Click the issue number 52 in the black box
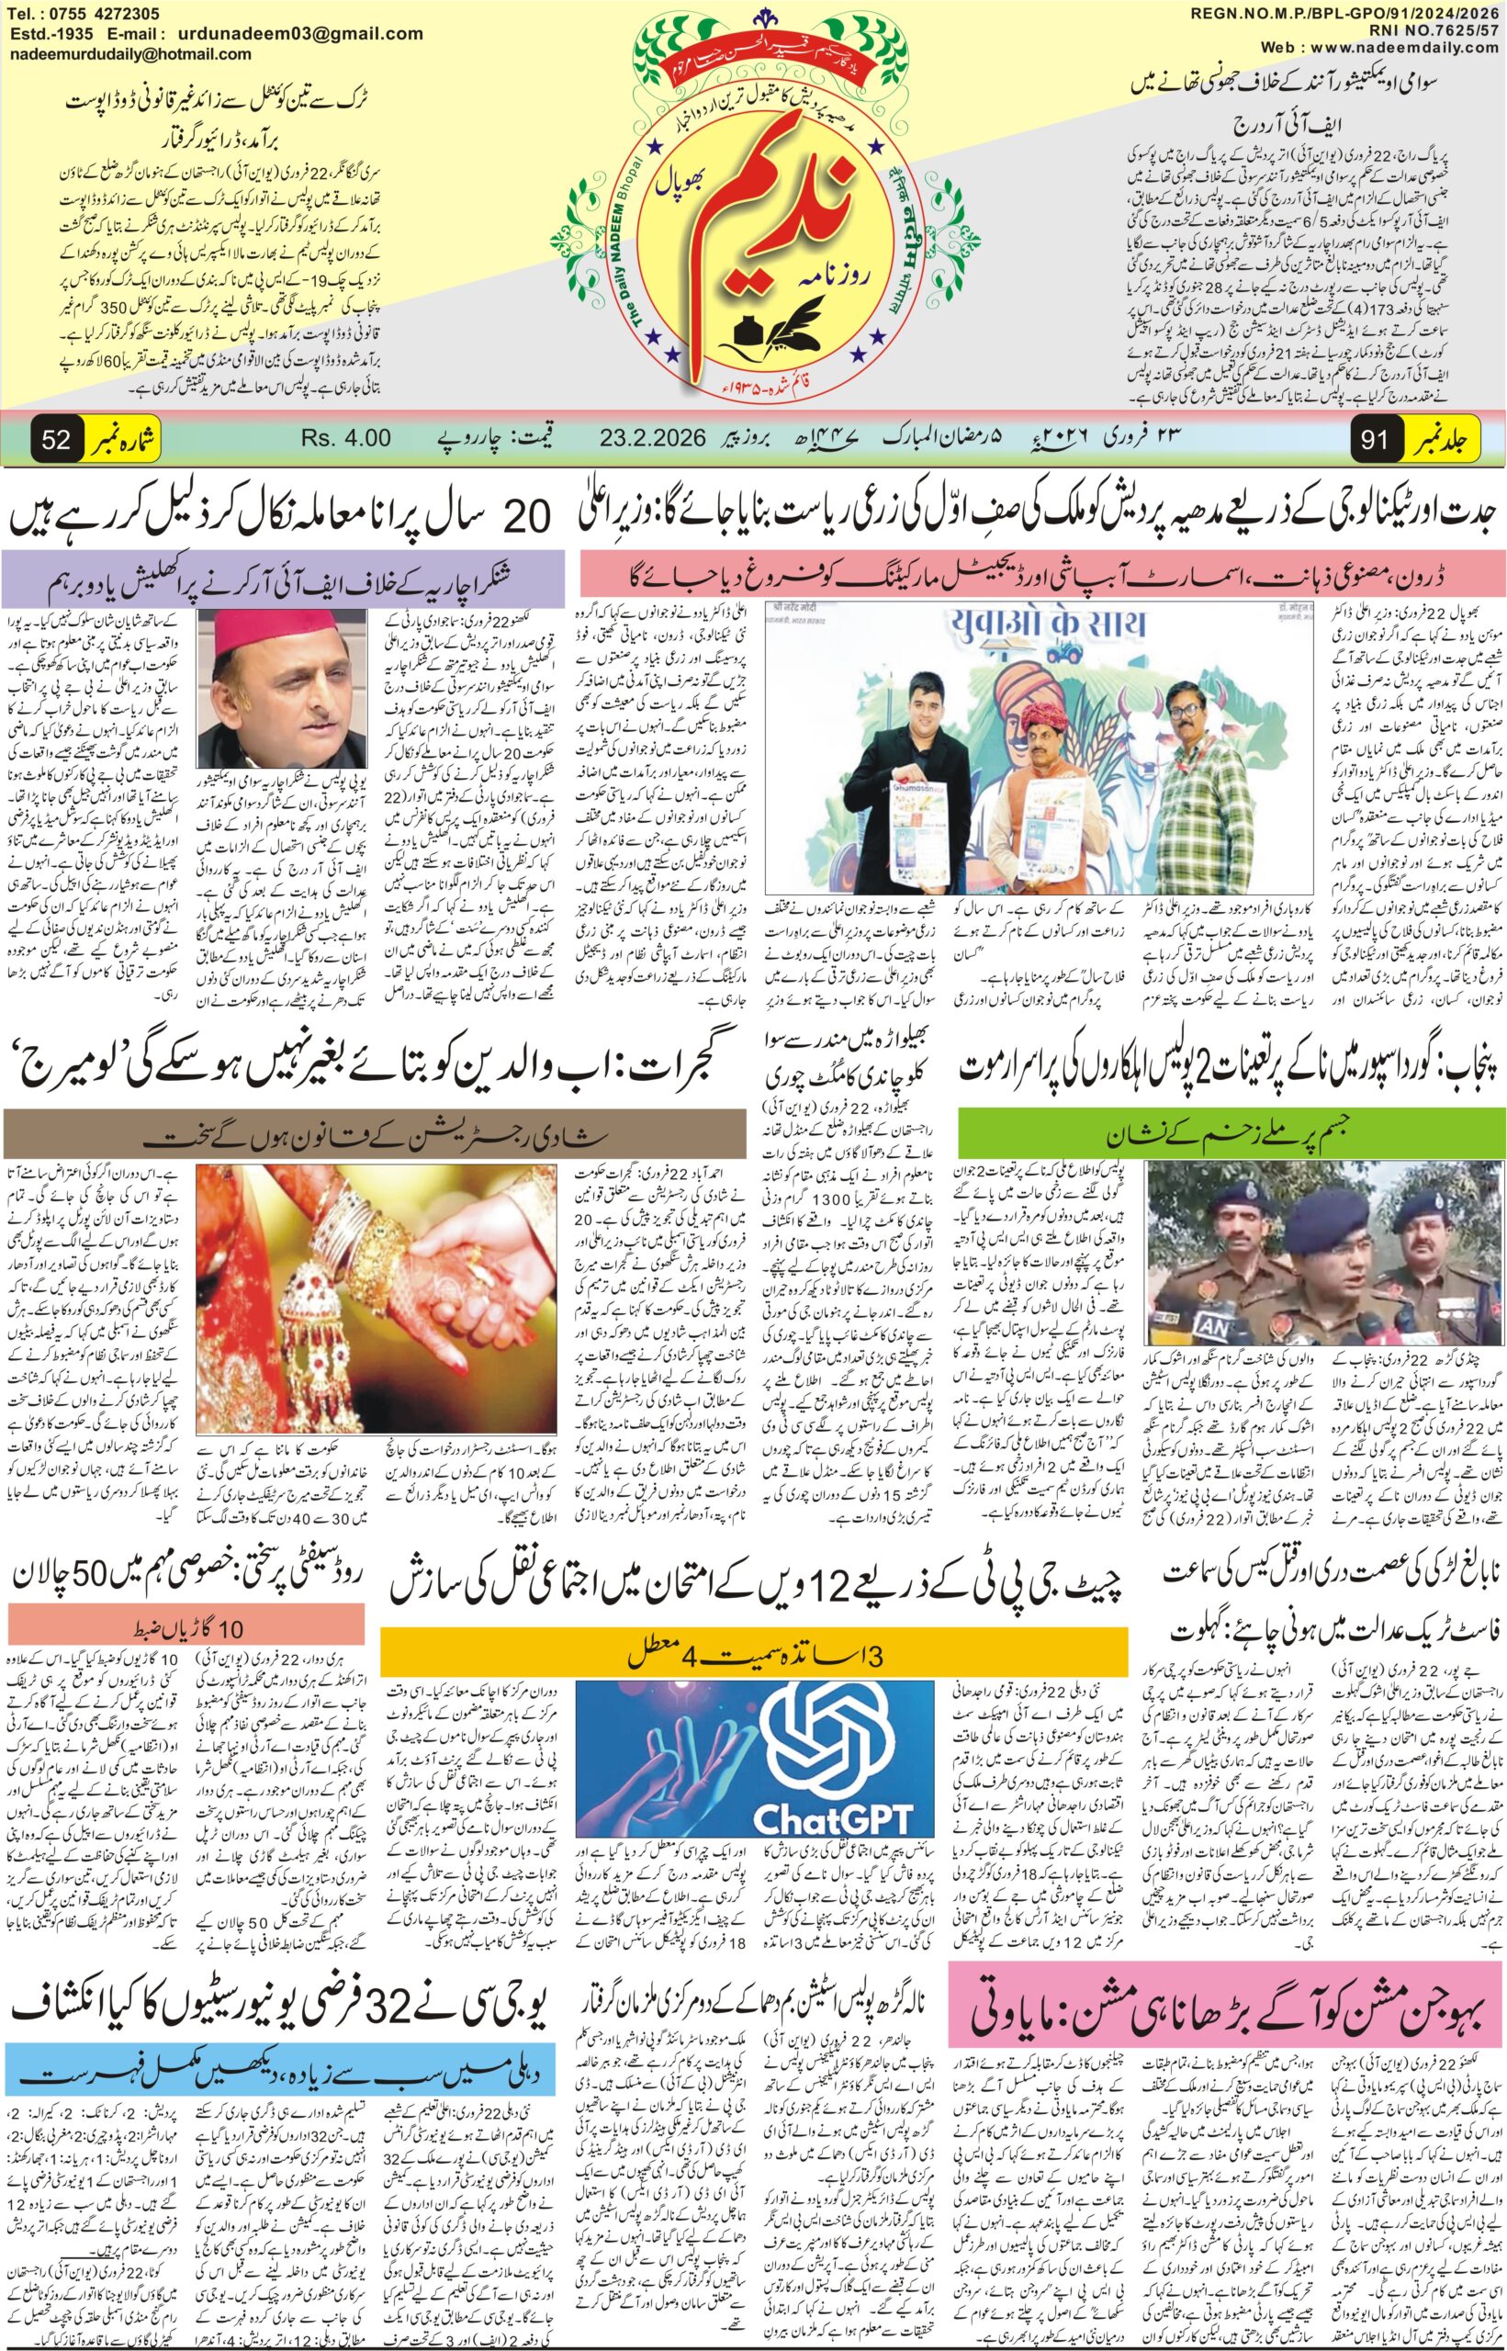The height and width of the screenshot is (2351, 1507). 56,439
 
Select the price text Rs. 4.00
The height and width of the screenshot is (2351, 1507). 346,438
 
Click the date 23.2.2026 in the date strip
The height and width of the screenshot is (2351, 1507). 653,438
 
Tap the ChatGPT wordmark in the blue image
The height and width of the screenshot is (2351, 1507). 834,1792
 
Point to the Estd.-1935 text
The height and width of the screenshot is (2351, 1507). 50,32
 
